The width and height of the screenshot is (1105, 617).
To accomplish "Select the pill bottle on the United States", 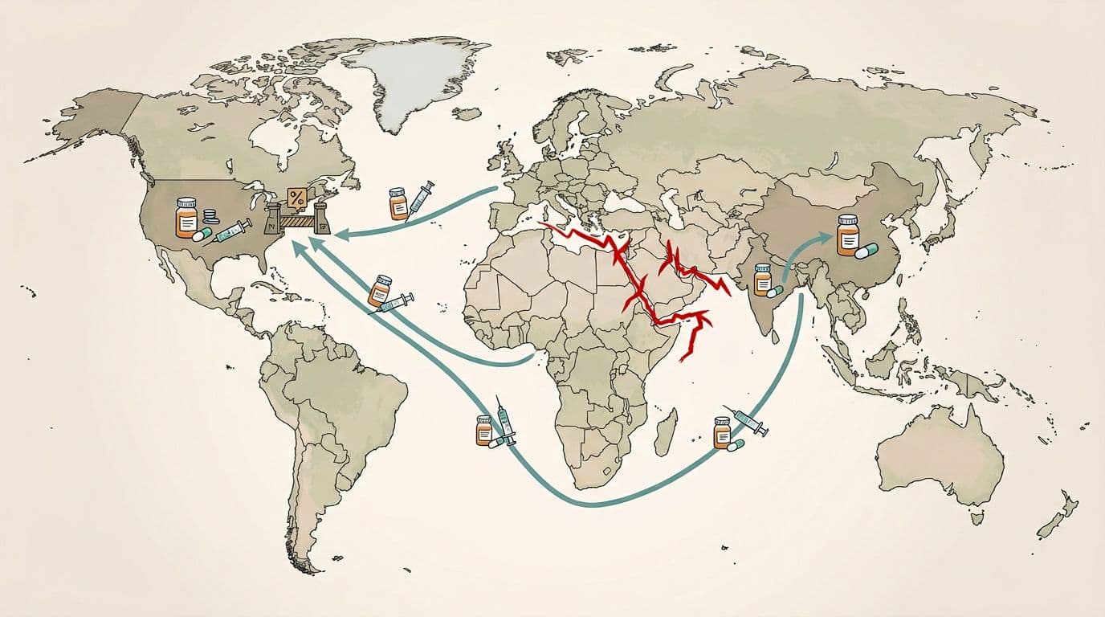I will pos(186,217).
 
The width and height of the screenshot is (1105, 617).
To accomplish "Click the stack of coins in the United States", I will pos(210,216).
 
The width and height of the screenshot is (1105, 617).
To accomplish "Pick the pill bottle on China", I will pos(848,235).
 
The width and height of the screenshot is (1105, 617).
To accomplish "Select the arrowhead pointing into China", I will pos(827,235).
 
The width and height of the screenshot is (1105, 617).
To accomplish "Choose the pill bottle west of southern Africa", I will pos(483,430).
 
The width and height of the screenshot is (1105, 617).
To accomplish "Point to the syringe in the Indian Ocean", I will pos(748,421).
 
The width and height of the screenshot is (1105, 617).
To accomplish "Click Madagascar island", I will pos(665,431).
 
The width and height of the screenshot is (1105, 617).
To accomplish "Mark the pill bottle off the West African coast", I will pos(380,290).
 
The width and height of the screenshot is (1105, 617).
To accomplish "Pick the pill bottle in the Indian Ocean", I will pos(723,431).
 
